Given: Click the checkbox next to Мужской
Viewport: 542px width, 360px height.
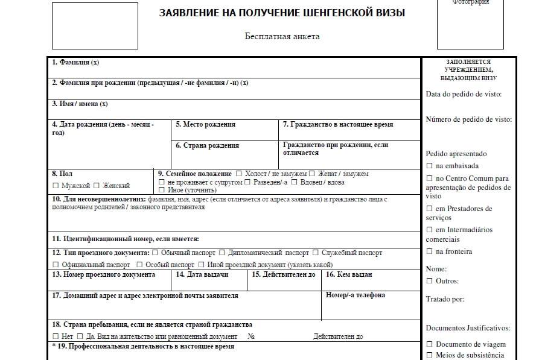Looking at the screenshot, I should (x=56, y=186).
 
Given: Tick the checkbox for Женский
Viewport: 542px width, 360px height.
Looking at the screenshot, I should (x=97, y=186).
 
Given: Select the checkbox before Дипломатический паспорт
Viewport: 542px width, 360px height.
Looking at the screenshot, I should (x=222, y=253).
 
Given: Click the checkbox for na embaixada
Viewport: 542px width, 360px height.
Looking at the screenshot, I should (x=429, y=166).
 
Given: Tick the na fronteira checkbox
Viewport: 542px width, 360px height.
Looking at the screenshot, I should (x=429, y=251).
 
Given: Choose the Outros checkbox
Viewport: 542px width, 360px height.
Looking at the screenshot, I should (x=429, y=281).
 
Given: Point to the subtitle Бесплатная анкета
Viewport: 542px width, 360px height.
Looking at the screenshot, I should (x=282, y=36).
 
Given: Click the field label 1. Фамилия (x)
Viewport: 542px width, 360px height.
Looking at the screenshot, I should (x=75, y=62).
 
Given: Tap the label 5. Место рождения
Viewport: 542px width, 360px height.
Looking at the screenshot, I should (x=205, y=125).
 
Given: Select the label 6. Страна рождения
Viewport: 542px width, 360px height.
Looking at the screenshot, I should (x=207, y=146).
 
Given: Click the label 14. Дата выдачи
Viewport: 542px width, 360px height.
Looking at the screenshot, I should (x=202, y=275).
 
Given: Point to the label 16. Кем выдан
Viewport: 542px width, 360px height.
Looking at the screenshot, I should (x=349, y=275).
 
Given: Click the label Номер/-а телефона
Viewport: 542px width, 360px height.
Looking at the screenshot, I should (x=355, y=295).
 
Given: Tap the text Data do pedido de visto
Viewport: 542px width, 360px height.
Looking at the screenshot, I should (x=464, y=94).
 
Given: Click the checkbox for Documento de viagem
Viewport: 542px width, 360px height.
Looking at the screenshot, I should (x=429, y=344).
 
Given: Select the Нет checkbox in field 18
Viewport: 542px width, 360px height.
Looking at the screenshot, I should (x=56, y=336).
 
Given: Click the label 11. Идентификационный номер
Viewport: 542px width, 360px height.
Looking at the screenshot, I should (x=126, y=239).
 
